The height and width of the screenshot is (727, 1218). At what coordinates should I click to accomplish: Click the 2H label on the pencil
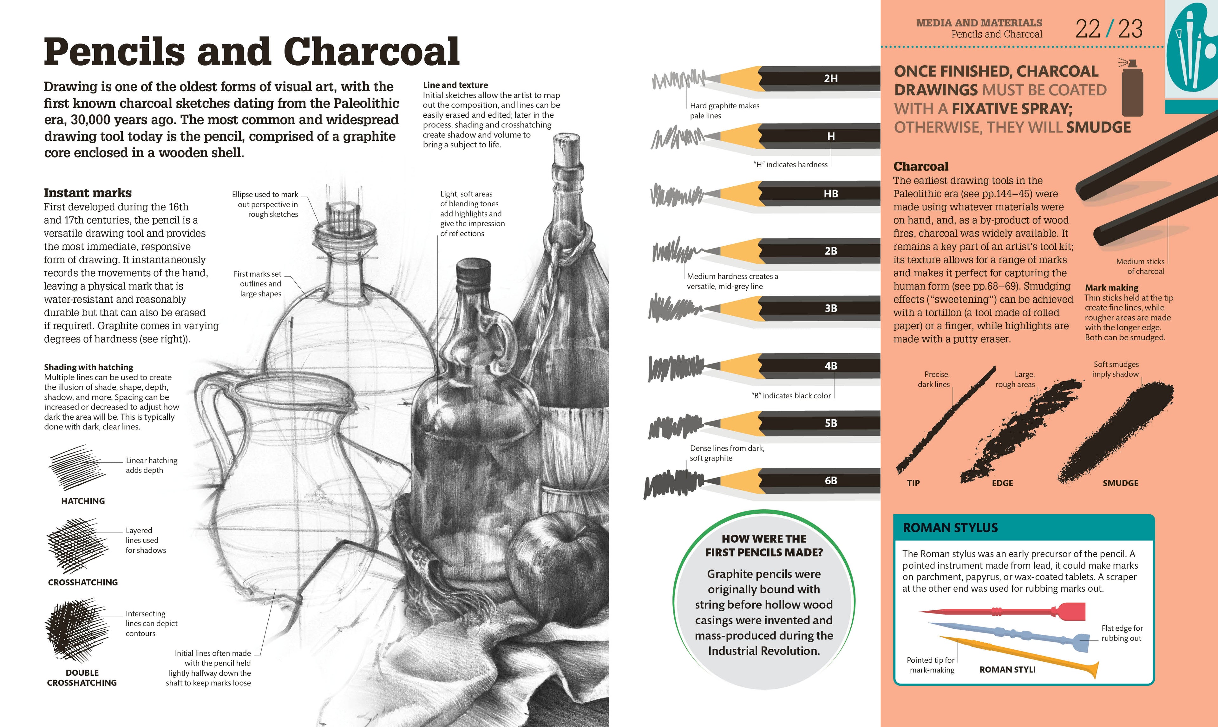[831, 78]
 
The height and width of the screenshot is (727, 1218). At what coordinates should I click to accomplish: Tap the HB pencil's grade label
[831, 194]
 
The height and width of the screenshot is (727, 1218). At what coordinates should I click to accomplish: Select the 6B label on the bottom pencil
[831, 480]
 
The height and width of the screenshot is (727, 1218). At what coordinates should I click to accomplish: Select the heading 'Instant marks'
[88, 193]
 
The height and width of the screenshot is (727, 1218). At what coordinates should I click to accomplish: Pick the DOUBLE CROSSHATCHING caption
[82, 678]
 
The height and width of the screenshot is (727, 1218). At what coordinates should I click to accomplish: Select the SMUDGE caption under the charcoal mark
[1120, 483]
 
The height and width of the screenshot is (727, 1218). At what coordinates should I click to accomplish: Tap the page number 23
[1130, 29]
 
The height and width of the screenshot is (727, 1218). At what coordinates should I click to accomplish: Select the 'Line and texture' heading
[455, 85]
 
